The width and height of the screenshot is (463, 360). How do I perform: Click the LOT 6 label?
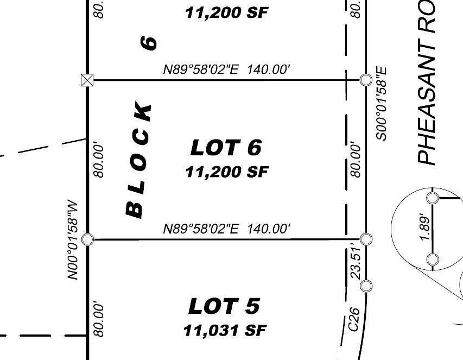(226, 148)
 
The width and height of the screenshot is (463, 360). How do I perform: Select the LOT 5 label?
(224, 307)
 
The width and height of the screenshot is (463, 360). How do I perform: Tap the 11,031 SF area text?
(224, 330)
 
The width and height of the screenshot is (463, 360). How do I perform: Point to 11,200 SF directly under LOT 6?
(226, 172)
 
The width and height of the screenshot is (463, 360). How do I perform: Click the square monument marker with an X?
(86, 80)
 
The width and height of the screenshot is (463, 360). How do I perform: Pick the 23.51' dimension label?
(356, 262)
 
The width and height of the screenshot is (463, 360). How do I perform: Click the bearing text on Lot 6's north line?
(227, 70)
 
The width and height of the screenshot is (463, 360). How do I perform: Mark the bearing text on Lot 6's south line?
(227, 229)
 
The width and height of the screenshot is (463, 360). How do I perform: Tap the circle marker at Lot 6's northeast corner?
(366, 80)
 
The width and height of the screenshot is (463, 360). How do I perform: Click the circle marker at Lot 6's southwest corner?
(87, 239)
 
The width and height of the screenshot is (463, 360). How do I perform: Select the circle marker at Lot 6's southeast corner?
(366, 239)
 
